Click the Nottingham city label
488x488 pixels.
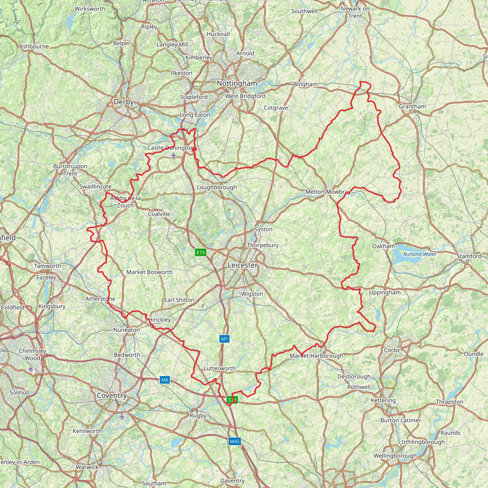tap(237, 83)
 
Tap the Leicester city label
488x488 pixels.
tap(243, 265)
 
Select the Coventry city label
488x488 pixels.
tap(112, 396)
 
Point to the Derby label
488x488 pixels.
tap(123, 102)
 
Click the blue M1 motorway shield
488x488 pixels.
tap(224, 339)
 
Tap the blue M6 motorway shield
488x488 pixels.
tap(165, 380)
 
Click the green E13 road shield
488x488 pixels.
tap(201, 252)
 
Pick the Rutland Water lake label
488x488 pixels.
tap(420, 254)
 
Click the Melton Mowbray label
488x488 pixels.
tap(328, 192)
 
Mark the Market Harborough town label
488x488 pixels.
tap(316, 356)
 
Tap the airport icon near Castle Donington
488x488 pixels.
tap(173, 155)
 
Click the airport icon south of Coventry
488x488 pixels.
tap(122, 417)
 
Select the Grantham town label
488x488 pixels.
tap(412, 106)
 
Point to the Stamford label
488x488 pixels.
tap(469, 256)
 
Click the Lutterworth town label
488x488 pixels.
tap(219, 368)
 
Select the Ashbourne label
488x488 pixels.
tap(34, 46)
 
